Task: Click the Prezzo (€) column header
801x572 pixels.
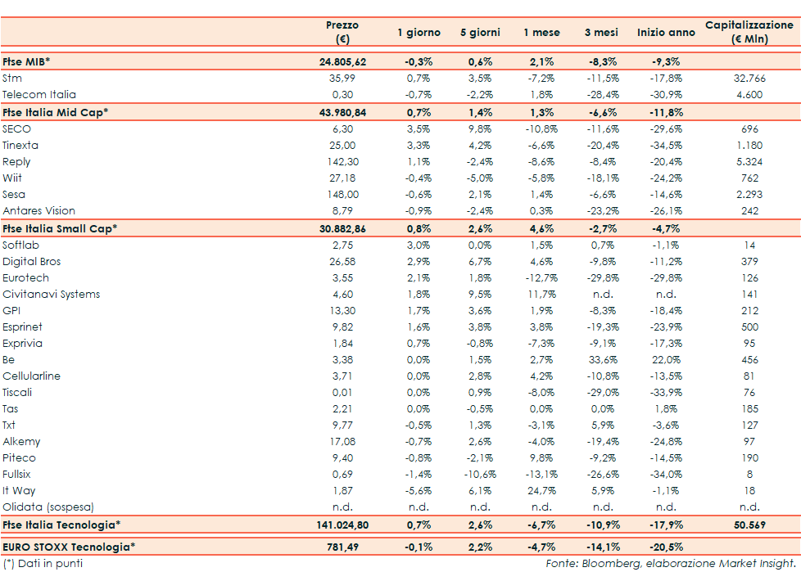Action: [342, 32]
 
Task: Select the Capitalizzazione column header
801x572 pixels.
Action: [749, 32]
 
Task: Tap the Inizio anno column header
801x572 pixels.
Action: [666, 33]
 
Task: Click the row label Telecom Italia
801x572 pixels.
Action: [39, 95]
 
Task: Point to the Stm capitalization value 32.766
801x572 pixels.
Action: [749, 79]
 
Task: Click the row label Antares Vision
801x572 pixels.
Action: [39, 211]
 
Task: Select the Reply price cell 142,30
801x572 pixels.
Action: [342, 162]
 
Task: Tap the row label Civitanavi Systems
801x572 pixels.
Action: [51, 295]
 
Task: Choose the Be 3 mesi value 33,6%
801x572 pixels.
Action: [604, 360]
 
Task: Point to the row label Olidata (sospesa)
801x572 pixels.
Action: [48, 507]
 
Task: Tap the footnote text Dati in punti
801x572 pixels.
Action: [48, 563]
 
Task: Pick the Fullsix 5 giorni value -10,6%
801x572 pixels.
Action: [480, 475]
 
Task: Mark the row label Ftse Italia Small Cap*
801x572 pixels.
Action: [60, 228]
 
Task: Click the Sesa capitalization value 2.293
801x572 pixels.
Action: [749, 195]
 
